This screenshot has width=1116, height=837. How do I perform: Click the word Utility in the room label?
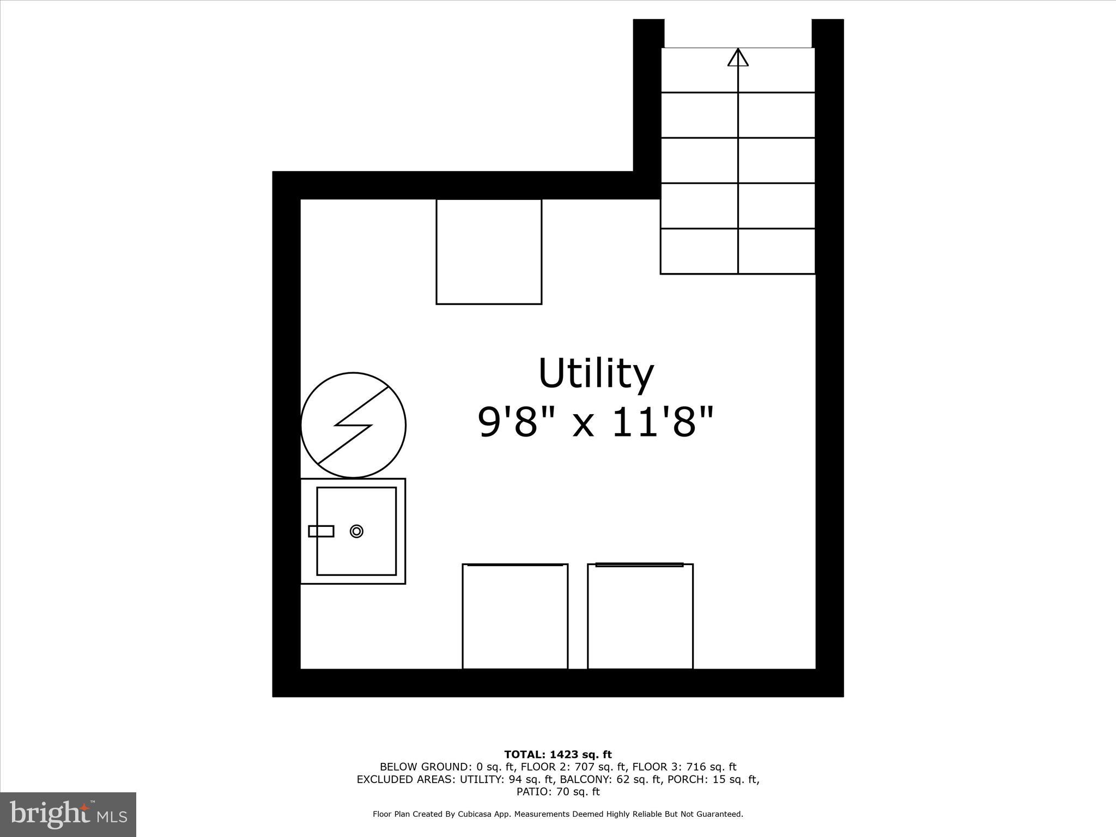[596, 374]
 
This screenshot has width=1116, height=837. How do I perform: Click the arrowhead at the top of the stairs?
[738, 58]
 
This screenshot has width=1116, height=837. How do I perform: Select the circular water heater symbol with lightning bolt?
[353, 425]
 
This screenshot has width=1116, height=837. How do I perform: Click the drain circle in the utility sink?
[356, 531]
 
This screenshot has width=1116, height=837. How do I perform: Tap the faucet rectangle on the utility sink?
[321, 531]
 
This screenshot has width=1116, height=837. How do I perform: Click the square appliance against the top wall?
[489, 251]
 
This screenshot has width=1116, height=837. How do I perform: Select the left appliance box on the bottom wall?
[515, 616]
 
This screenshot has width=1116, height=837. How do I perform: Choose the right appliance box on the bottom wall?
[640, 616]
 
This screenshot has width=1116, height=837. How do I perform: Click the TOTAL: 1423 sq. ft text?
[558, 755]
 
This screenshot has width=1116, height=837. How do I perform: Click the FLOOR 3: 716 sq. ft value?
[684, 767]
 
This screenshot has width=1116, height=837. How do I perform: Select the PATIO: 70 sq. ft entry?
[558, 792]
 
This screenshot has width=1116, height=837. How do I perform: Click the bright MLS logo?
[68, 815]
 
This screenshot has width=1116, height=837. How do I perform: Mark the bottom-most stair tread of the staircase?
[738, 251]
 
